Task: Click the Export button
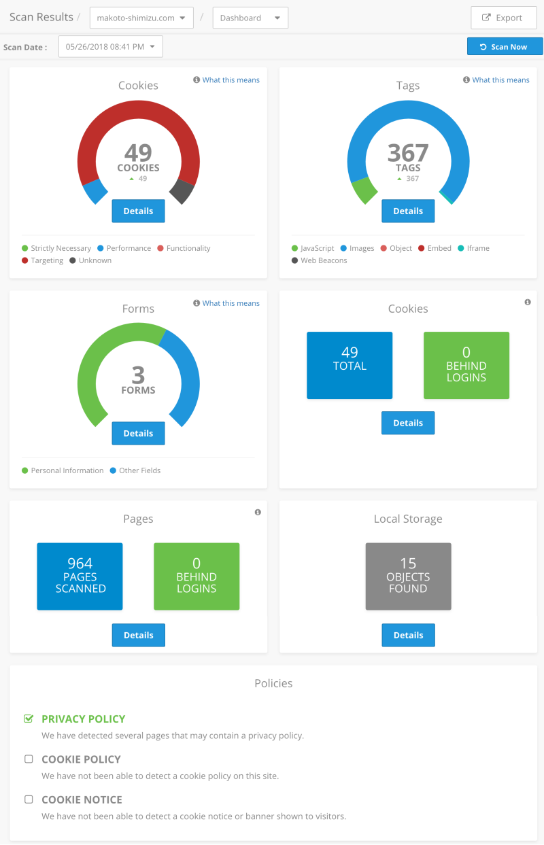pyautogui.click(x=503, y=18)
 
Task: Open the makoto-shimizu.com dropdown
pyautogui.click(x=141, y=18)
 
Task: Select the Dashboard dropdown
pyautogui.click(x=250, y=18)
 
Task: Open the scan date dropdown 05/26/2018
pyautogui.click(x=111, y=47)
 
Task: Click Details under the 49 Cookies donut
pyautogui.click(x=138, y=211)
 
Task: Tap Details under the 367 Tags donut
pyautogui.click(x=408, y=211)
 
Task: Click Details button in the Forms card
pyautogui.click(x=138, y=433)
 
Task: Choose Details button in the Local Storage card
pyautogui.click(x=408, y=635)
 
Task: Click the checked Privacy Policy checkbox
pyautogui.click(x=29, y=719)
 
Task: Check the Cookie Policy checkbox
pyautogui.click(x=29, y=759)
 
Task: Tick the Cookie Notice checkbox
pyautogui.click(x=29, y=799)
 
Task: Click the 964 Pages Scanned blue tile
pyautogui.click(x=80, y=576)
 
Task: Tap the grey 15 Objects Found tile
pyautogui.click(x=408, y=576)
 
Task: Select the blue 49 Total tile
pyautogui.click(x=350, y=365)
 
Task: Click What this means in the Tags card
pyautogui.click(x=500, y=80)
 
